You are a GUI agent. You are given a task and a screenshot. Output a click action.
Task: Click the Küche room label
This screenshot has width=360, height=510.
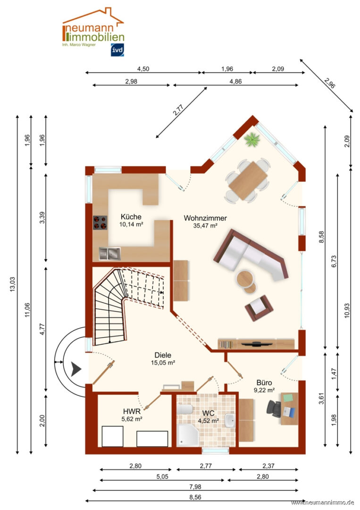tap(131, 217)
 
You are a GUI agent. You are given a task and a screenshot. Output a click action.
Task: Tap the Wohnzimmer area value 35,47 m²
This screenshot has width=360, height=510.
tap(205, 226)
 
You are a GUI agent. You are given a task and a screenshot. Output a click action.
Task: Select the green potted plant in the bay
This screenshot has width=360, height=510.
tap(252, 139)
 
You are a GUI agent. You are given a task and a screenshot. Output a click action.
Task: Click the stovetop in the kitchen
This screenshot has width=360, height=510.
tap(100, 222)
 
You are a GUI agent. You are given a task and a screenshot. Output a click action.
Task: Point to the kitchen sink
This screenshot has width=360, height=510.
tap(109, 254)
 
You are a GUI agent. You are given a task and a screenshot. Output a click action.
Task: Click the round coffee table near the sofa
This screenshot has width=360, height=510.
tap(245, 279)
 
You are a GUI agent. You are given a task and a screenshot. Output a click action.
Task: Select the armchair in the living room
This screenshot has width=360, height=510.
tap(259, 307)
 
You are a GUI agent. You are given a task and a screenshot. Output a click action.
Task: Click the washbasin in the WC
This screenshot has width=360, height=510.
tap(229, 420)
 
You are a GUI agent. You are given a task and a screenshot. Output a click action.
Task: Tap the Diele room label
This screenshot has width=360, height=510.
tap(163, 355)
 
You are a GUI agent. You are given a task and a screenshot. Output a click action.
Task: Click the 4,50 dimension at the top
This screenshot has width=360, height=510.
tap(143, 69)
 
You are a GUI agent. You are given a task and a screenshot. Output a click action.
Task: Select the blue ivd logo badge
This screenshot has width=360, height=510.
tap(117, 50)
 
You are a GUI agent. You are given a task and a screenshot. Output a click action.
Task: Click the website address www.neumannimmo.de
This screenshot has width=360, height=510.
tap(322, 502)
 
